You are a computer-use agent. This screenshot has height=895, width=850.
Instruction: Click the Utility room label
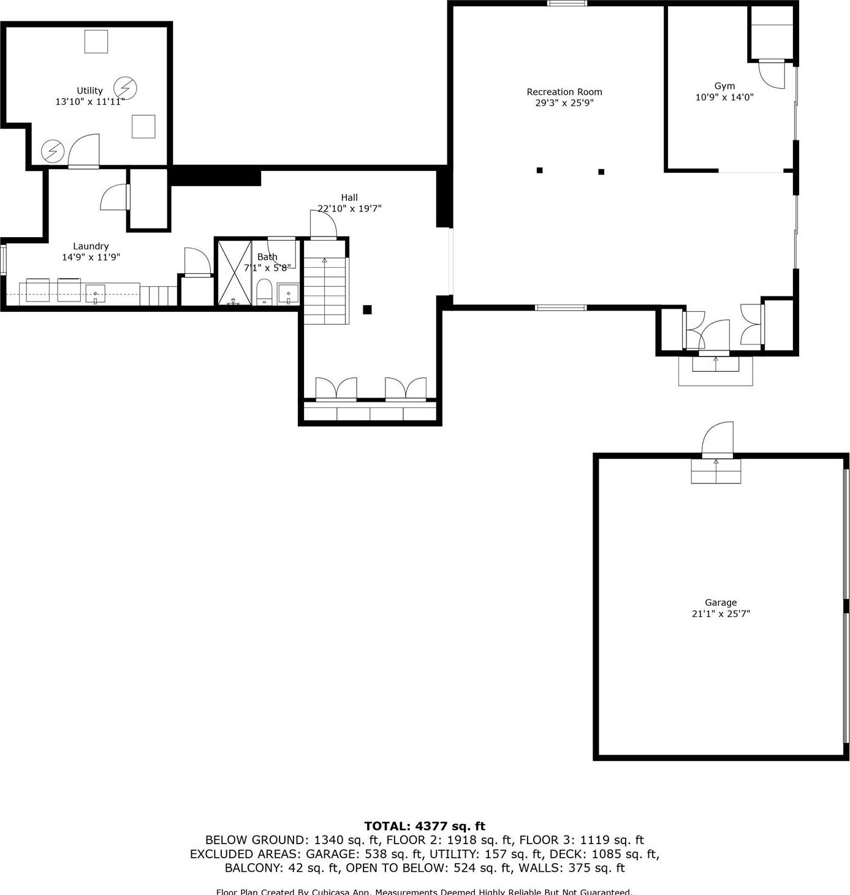89,91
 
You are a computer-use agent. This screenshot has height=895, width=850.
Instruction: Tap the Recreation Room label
564,92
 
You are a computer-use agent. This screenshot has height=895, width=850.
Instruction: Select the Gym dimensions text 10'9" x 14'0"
724,97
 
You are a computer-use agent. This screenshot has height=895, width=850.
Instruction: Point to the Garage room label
720,602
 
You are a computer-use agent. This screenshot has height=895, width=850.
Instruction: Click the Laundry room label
91,246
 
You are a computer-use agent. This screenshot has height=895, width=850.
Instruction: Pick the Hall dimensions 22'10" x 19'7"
349,208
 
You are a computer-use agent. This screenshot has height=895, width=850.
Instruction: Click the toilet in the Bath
264,292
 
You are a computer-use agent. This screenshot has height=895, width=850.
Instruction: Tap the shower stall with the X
233,273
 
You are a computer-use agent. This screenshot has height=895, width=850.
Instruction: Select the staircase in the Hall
325,288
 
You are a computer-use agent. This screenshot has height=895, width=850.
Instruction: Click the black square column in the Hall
367,309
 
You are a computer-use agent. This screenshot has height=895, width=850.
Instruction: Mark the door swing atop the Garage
718,439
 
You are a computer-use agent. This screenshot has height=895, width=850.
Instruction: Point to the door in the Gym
772,74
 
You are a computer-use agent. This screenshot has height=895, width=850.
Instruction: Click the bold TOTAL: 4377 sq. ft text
424,826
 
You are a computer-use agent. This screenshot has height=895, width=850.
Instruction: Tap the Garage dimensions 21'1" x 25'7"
720,613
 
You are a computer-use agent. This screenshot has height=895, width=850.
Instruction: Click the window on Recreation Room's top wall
567,4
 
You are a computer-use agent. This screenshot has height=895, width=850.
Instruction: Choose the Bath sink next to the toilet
288,293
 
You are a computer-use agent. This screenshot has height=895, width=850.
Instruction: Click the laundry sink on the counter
95,294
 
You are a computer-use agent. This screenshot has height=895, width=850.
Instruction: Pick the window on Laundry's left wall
3,259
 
